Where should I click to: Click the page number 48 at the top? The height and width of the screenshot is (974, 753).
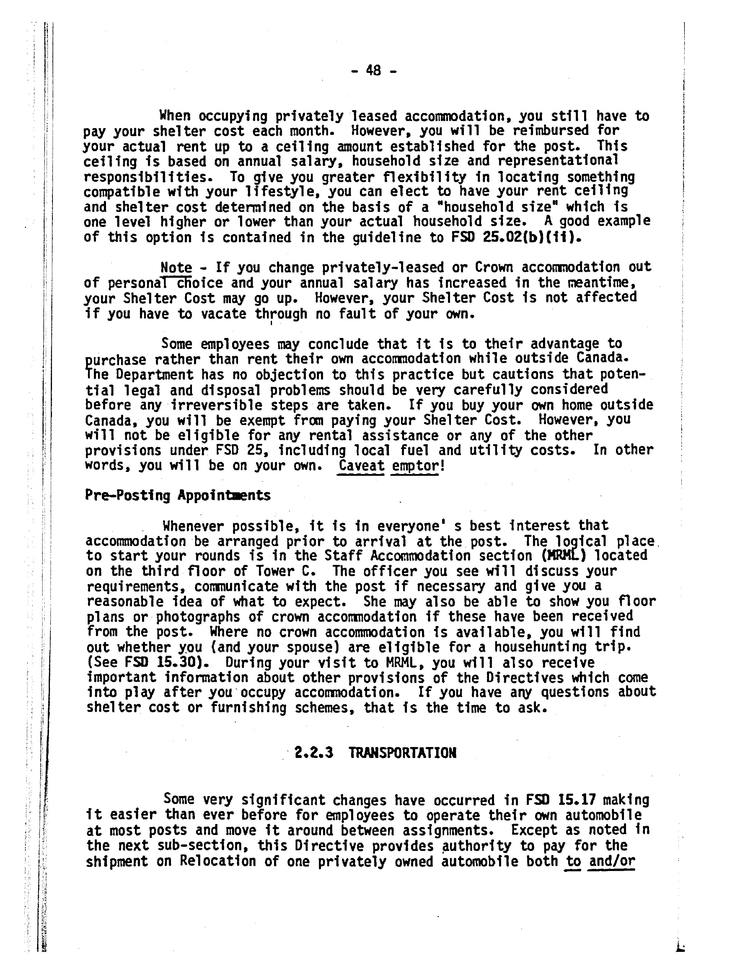click(373, 71)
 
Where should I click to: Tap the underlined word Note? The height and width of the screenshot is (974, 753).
click(176, 268)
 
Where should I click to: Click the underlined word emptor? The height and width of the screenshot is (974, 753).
click(415, 465)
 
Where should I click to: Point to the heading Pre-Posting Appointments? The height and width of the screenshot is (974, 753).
click(177, 496)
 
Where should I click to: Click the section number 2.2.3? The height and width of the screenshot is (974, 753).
click(314, 753)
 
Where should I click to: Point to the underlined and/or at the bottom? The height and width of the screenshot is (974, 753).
click(612, 861)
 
